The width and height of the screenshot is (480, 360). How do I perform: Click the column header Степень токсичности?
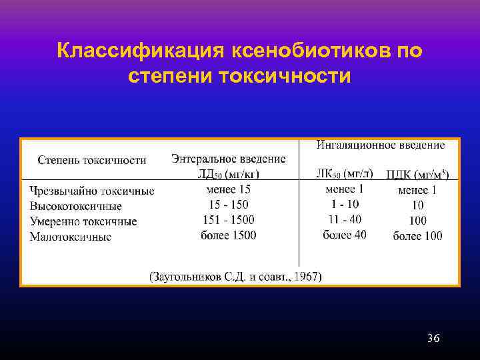point(91,160)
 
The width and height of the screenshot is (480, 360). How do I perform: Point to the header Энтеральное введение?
point(228,159)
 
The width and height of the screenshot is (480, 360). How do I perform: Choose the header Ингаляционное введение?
point(380,145)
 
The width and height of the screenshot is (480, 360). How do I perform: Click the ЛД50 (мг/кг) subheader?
point(229,174)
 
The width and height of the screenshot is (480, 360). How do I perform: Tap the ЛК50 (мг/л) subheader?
point(344,174)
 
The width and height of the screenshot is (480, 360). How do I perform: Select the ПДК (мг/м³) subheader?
point(417,175)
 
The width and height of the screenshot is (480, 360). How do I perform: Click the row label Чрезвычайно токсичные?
point(91,191)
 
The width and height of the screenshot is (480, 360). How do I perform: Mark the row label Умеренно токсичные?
point(83,221)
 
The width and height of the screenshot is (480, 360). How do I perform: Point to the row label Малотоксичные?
point(70,237)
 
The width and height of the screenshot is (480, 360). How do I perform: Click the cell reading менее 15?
point(229,190)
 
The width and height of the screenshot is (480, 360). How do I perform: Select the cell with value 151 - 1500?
point(229,220)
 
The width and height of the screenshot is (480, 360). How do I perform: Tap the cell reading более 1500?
point(229,235)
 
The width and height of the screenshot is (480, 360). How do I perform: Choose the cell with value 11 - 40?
point(344,219)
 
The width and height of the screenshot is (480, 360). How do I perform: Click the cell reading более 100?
point(417,235)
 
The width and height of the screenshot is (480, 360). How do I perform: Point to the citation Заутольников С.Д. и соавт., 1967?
point(235,275)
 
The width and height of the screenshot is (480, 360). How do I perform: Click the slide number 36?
point(433,339)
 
